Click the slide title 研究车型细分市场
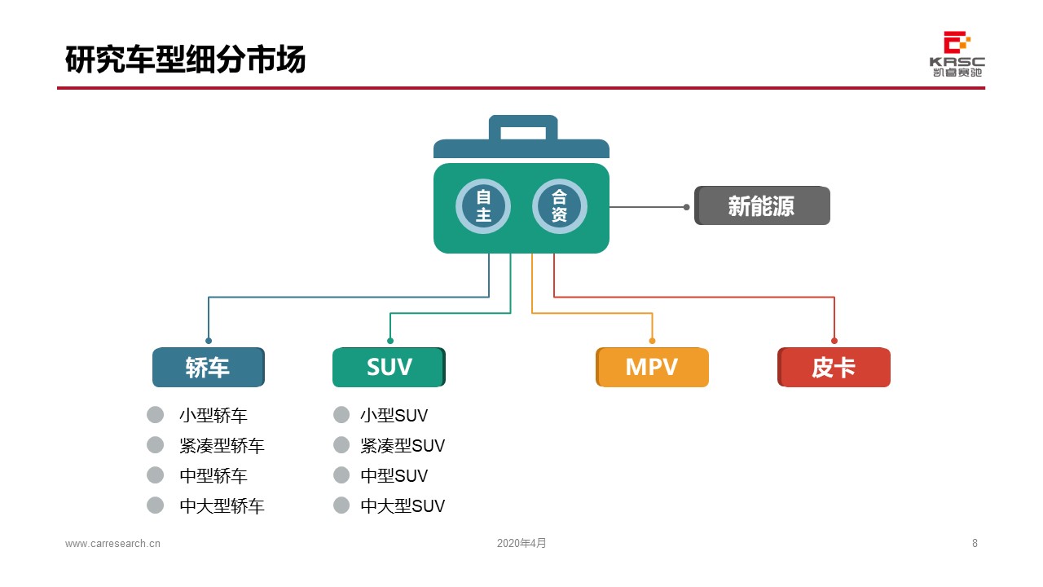(185, 59)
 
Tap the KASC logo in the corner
(957, 54)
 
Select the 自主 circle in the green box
(483, 206)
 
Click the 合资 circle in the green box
(559, 206)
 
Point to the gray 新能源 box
(762, 206)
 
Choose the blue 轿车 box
(209, 368)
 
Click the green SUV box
(389, 368)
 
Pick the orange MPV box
(652, 368)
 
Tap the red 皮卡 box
(834, 368)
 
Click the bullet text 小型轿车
(213, 416)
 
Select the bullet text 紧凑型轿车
(222, 446)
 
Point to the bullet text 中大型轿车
(222, 506)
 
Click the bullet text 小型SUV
(394, 416)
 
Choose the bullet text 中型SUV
(394, 476)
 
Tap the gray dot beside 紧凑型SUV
(341, 445)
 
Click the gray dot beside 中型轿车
(155, 475)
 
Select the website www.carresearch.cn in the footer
(112, 544)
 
